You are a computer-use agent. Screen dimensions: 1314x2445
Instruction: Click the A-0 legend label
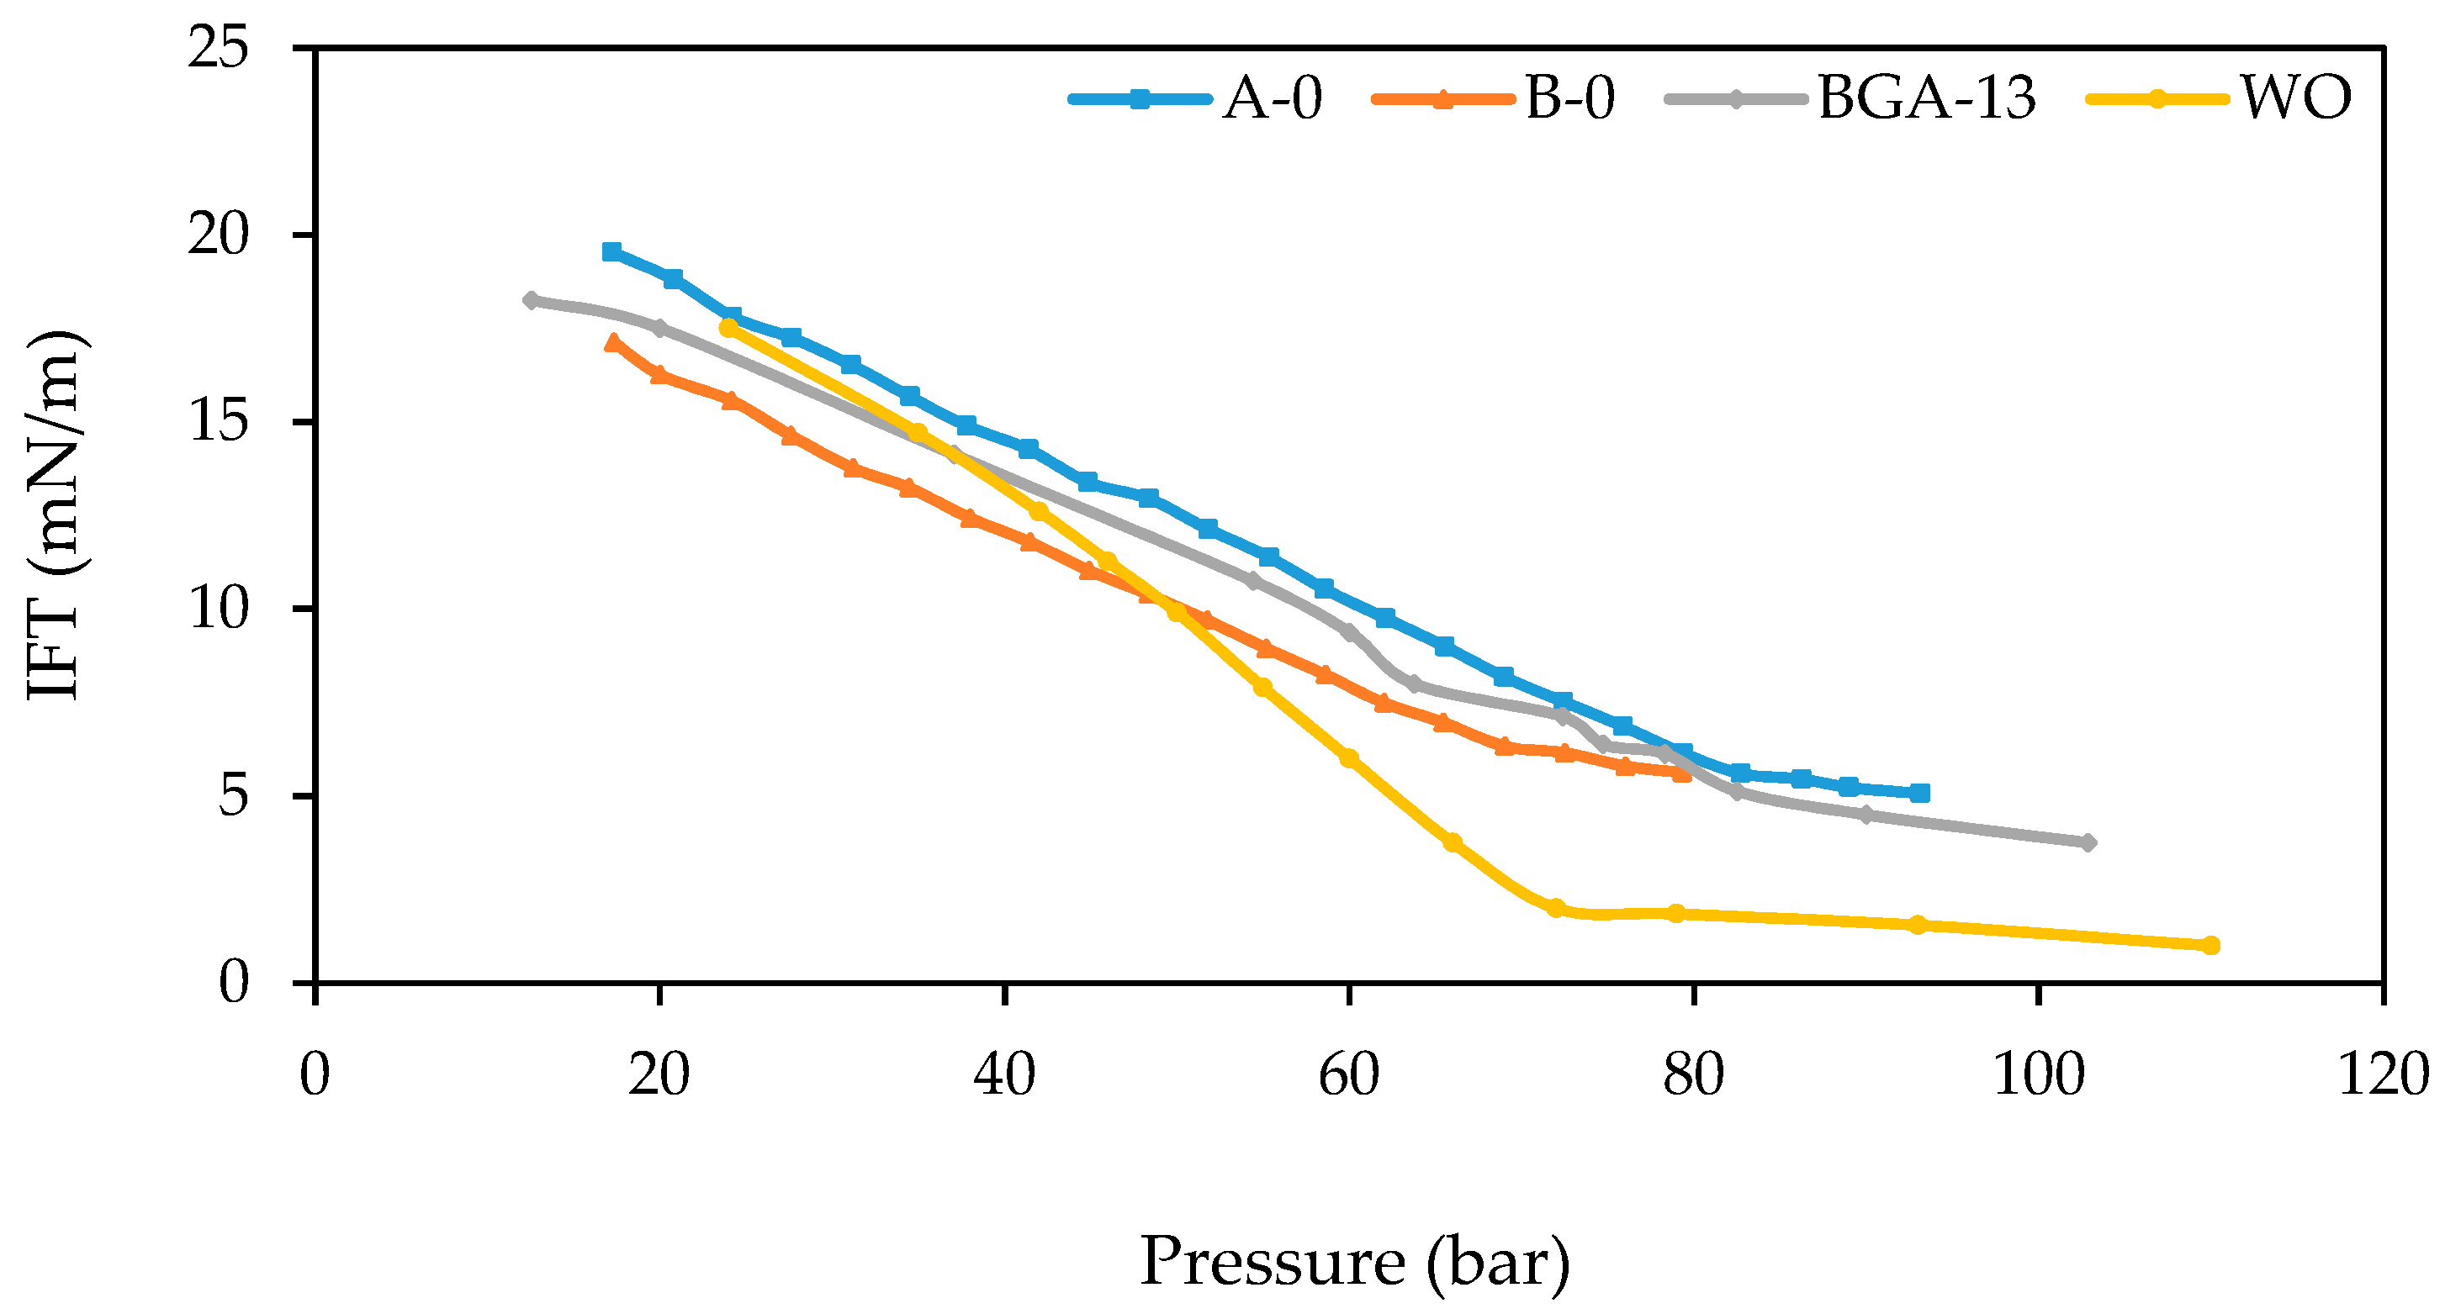1272,98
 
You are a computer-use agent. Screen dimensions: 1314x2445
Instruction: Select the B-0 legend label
1570,98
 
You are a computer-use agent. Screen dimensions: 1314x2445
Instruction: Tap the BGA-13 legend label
1926,98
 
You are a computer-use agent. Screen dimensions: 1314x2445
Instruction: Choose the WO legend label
2296,98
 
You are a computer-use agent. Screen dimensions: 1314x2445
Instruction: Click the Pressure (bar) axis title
1354,1262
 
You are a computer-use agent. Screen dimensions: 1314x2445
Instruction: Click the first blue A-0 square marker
612,251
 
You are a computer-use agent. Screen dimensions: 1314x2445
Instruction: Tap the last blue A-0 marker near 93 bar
1919,792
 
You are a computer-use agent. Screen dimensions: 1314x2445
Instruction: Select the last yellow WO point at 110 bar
2210,945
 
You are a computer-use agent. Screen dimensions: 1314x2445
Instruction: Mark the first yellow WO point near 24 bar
728,327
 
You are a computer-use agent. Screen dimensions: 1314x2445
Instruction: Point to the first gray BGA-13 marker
532,300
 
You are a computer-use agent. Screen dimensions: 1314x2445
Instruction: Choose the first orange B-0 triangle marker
613,342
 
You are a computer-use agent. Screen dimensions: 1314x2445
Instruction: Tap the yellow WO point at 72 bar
1554,908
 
